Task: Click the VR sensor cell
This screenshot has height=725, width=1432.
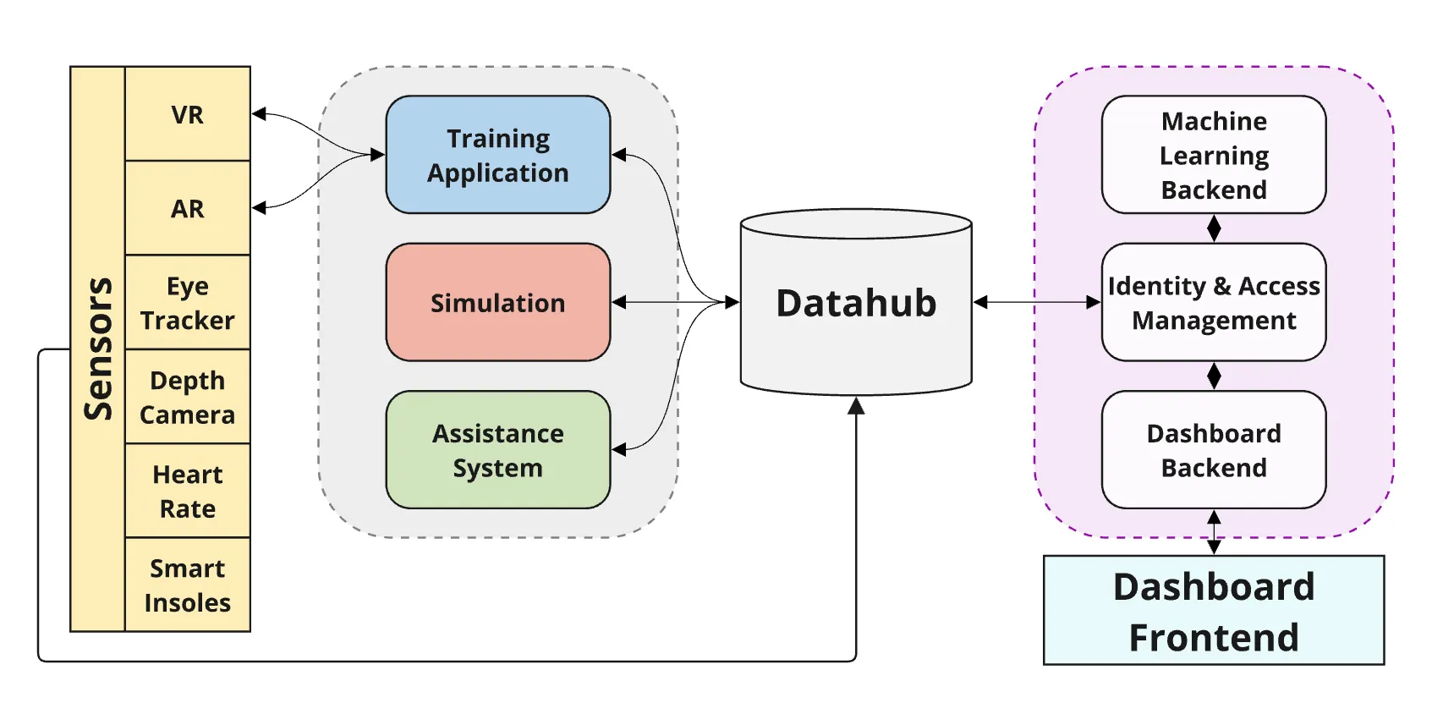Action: tap(187, 114)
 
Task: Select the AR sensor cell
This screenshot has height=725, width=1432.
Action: tap(187, 208)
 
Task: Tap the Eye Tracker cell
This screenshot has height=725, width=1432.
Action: tap(187, 303)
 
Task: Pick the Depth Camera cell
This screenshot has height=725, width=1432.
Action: tap(187, 397)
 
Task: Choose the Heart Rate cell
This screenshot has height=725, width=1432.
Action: tap(187, 491)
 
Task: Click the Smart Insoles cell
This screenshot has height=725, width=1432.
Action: tap(187, 585)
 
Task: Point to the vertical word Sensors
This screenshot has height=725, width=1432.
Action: tap(98, 349)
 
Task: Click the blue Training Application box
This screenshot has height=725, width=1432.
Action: tap(497, 155)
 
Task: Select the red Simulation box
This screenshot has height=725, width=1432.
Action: tap(497, 303)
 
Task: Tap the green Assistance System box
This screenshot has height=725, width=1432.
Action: tap(497, 450)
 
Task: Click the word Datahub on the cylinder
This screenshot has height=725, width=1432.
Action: tap(855, 303)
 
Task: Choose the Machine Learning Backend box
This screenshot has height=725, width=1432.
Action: tap(1213, 155)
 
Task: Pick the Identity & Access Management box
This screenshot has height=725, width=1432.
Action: tap(1213, 303)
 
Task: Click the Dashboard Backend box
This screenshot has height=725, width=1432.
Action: tap(1213, 450)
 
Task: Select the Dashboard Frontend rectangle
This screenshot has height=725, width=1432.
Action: tap(1213, 611)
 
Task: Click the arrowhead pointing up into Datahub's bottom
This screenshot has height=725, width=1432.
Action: tap(856, 406)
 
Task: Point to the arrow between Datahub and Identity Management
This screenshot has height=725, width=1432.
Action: tap(1036, 302)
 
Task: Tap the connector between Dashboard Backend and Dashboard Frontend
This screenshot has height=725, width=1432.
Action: tap(1214, 532)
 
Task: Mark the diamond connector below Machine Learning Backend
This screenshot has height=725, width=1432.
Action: tap(1214, 228)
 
